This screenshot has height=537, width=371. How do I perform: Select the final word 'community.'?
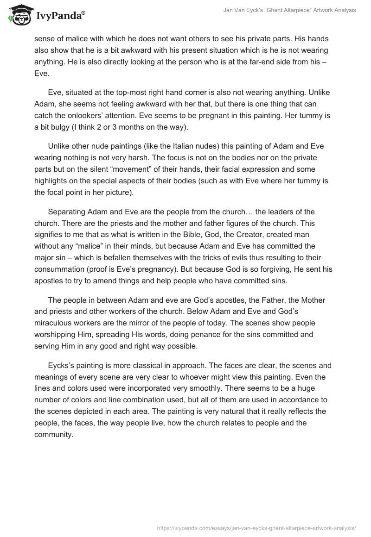click(x=54, y=435)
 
